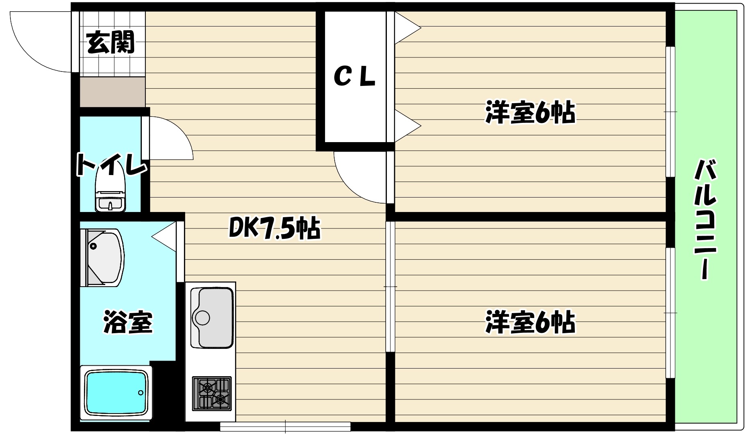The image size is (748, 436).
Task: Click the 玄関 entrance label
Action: (110, 42)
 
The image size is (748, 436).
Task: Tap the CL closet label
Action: (354, 77)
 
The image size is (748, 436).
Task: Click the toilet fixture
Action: (110, 191)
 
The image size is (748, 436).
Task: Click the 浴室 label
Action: (128, 322)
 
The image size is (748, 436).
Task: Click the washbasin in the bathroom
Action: (102, 257)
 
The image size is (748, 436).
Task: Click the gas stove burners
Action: (212, 393)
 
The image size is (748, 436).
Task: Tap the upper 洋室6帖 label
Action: (530, 113)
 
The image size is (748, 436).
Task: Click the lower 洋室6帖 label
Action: (530, 322)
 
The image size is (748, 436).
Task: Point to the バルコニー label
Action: (706, 219)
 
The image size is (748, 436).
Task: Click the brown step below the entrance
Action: (112, 92)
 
